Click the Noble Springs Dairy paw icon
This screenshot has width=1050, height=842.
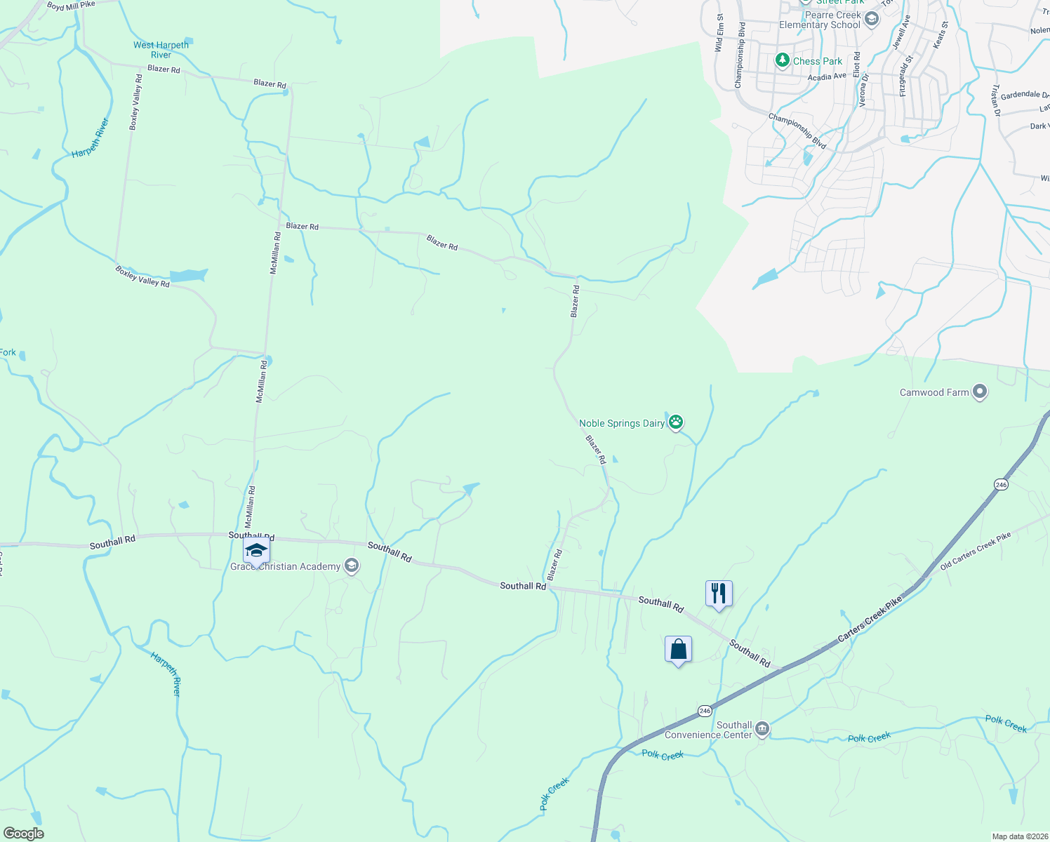[676, 422]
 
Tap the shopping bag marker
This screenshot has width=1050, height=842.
[678, 650]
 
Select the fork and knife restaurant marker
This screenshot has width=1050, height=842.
[719, 594]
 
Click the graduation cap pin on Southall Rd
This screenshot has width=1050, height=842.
[256, 551]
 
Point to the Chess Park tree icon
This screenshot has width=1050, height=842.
[783, 61]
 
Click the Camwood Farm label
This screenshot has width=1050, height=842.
[934, 392]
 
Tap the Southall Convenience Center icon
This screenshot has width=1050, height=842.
[762, 730]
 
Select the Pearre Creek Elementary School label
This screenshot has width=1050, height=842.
[819, 20]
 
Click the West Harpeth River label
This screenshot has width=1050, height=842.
[161, 50]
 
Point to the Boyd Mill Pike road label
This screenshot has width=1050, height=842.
[71, 6]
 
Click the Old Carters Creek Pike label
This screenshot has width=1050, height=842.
[976, 551]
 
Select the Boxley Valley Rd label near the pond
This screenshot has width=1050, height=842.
[142, 276]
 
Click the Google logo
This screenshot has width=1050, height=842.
[23, 834]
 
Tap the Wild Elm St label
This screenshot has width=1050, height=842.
[719, 32]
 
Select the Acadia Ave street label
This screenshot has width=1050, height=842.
[827, 76]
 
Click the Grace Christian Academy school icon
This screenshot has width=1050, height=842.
[352, 566]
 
